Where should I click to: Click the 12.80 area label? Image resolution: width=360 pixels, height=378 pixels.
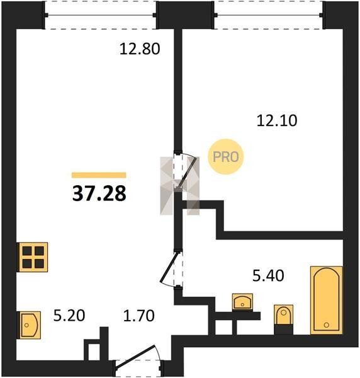click(140, 49)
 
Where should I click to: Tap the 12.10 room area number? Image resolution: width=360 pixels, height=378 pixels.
click(277, 120)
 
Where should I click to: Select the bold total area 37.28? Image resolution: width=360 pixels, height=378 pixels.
click(99, 193)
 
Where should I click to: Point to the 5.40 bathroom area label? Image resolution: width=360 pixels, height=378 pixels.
click(268, 276)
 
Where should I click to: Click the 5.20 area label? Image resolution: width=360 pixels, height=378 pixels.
click(69, 316)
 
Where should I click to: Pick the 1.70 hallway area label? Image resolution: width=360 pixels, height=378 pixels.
click(138, 316)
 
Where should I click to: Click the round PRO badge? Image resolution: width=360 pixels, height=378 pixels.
click(226, 157)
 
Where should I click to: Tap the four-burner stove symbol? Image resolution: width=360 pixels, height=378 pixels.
click(33, 257)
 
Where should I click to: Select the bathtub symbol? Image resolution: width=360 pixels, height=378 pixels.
click(326, 300)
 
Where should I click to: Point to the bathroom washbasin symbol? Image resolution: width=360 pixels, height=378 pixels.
click(242, 302)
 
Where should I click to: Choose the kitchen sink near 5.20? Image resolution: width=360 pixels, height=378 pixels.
click(30, 325)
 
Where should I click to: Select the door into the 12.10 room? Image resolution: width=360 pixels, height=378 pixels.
click(185, 171)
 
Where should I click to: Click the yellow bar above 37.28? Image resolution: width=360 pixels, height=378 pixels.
click(99, 175)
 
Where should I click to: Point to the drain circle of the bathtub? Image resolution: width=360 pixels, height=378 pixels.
click(326, 325)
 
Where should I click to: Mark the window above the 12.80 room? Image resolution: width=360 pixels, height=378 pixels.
click(101, 15)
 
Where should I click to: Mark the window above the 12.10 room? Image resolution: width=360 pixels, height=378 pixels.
click(269, 15)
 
